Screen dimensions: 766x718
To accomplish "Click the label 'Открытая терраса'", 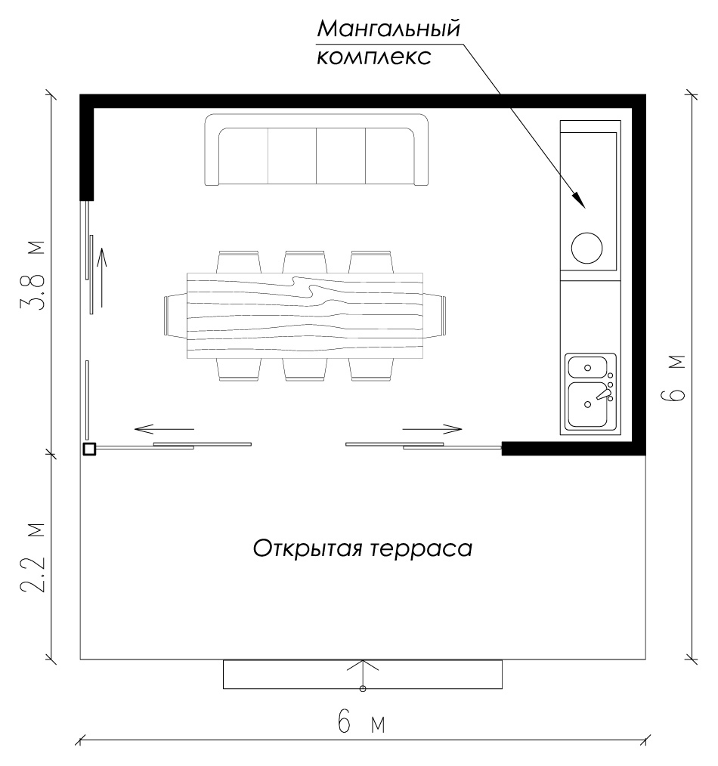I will point(362,547).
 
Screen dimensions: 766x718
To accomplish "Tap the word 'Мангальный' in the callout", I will point(388,29).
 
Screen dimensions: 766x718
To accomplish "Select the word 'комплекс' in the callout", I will point(373,57).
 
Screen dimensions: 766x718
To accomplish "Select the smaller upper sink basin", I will point(586,367).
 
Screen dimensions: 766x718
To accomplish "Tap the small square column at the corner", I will point(88,449).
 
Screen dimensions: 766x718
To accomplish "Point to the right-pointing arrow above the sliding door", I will point(432,429).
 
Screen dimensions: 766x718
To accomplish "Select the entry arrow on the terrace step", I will point(363,674).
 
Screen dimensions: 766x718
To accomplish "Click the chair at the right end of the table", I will point(439,315).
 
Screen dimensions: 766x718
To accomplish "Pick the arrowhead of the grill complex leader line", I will point(579,200).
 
